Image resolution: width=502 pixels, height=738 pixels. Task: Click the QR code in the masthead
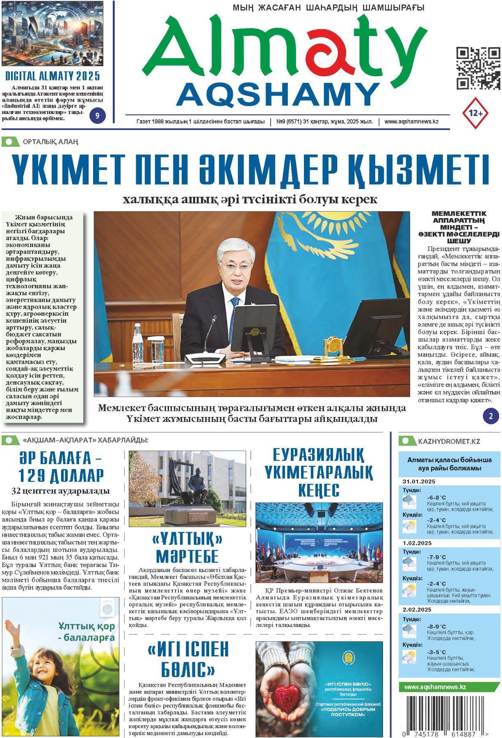click(x=478, y=68)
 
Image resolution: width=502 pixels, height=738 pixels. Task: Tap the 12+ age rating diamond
click(x=475, y=113)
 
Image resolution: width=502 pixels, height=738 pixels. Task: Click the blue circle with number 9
click(x=97, y=116)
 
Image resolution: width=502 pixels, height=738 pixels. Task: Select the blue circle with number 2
click(x=491, y=416)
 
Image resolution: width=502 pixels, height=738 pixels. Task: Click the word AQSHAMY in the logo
click(x=278, y=94)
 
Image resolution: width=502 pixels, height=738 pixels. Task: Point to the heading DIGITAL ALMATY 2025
click(x=52, y=76)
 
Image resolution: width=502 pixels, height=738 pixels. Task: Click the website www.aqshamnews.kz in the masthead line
click(x=411, y=122)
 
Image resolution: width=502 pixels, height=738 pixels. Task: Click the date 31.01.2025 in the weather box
click(x=419, y=481)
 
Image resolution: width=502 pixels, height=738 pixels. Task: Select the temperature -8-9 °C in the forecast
click(x=436, y=626)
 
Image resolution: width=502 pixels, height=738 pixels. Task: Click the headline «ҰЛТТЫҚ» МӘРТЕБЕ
click(x=187, y=547)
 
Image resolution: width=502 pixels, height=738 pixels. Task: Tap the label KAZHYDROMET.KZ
click(x=449, y=441)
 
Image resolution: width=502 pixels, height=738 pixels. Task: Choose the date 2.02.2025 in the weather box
click(x=417, y=610)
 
